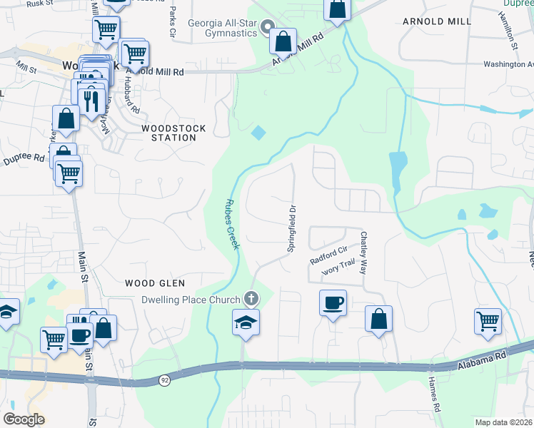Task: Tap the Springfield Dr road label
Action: [x=292, y=228]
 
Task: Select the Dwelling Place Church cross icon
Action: [x=250, y=298]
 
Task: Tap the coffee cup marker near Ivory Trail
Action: [x=333, y=302]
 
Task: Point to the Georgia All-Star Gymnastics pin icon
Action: [x=268, y=29]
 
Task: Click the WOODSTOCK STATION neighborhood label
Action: [x=173, y=133]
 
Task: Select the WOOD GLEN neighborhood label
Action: [x=150, y=283]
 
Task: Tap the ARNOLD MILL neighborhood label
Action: [x=437, y=21]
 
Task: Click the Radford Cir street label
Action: [x=328, y=255]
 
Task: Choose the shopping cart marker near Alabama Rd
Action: [x=488, y=321]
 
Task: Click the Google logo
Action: [x=24, y=419]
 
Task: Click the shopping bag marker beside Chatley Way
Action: [x=379, y=319]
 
